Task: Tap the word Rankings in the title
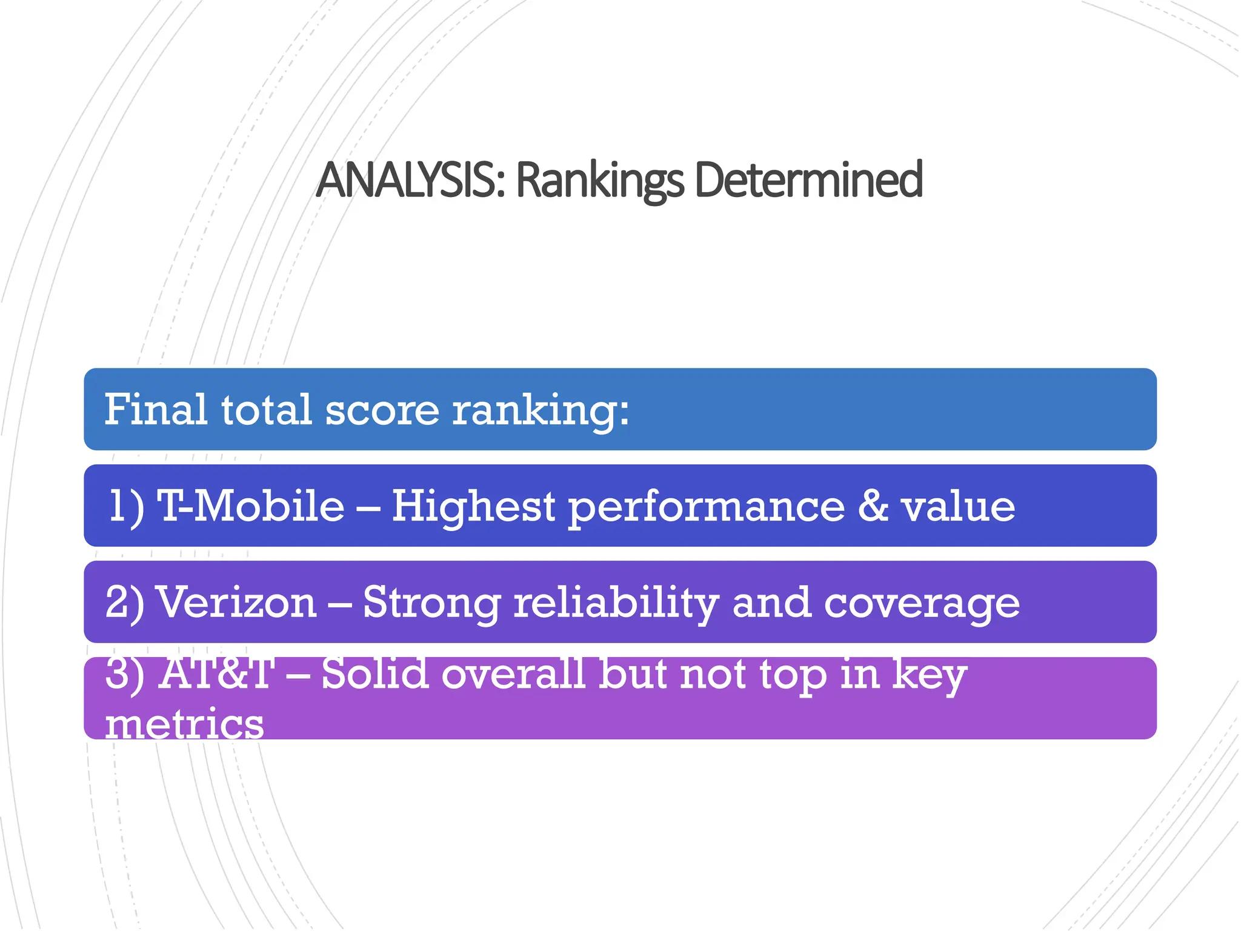pos(600,180)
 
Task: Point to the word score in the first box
pos(382,410)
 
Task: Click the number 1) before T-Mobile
pos(126,506)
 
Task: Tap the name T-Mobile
pos(250,506)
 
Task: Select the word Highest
pos(473,506)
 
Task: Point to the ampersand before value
pos(873,506)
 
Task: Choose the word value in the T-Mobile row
pos(958,507)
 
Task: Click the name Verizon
pos(236,602)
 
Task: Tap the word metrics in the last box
pos(184,724)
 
